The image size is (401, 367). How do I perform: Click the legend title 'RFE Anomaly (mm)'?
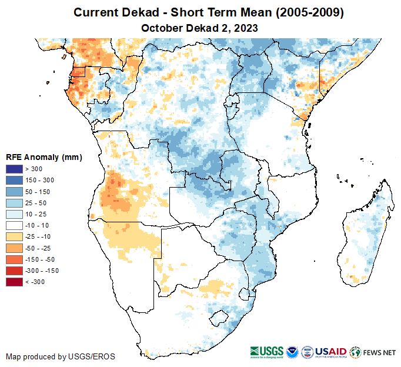[44, 158]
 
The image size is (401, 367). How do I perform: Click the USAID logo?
[332, 352]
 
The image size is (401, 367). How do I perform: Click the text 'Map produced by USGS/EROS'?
[61, 356]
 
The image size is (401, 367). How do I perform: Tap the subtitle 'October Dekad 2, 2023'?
[200, 28]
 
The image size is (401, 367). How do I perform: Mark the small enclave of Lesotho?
[219, 319]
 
